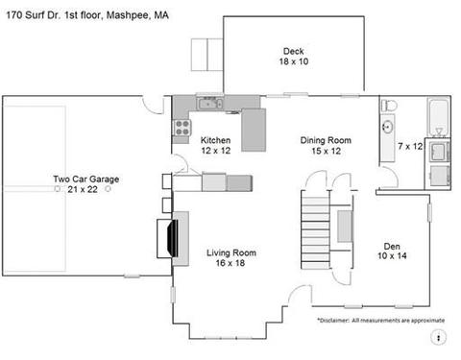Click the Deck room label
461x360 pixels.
[x=293, y=51]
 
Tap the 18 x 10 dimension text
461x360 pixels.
[x=294, y=61]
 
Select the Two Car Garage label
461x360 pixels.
[x=86, y=179]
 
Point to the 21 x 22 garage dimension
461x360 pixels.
[x=83, y=189]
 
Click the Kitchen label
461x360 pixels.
[x=215, y=140]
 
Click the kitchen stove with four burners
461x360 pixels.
[x=182, y=128]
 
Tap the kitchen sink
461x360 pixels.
[x=210, y=104]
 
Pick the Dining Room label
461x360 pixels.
[x=326, y=140]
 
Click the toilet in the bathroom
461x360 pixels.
[x=389, y=105]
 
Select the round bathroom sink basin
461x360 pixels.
[x=388, y=127]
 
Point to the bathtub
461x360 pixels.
[x=439, y=117]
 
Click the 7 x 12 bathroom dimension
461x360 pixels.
[x=410, y=146]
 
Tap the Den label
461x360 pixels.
[x=392, y=247]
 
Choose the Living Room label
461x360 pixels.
[x=231, y=252]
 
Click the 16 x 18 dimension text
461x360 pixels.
[x=230, y=263]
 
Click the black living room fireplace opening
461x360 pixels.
[x=174, y=238]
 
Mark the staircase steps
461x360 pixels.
[x=315, y=229]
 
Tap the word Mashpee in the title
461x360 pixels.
[x=128, y=15]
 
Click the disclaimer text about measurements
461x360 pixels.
[x=381, y=320]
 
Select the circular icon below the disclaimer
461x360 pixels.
[x=438, y=337]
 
